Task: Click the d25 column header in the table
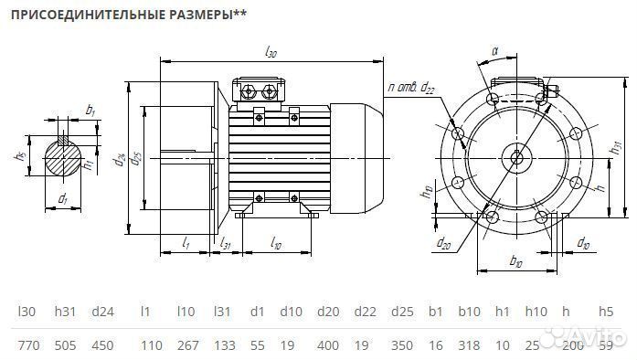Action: click(400, 312)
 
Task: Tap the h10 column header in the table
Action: click(536, 312)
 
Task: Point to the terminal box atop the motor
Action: click(260, 90)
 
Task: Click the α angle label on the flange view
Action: click(494, 52)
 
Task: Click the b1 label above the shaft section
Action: click(90, 111)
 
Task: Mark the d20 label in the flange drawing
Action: click(443, 244)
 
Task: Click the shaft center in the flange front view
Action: click(517, 156)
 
